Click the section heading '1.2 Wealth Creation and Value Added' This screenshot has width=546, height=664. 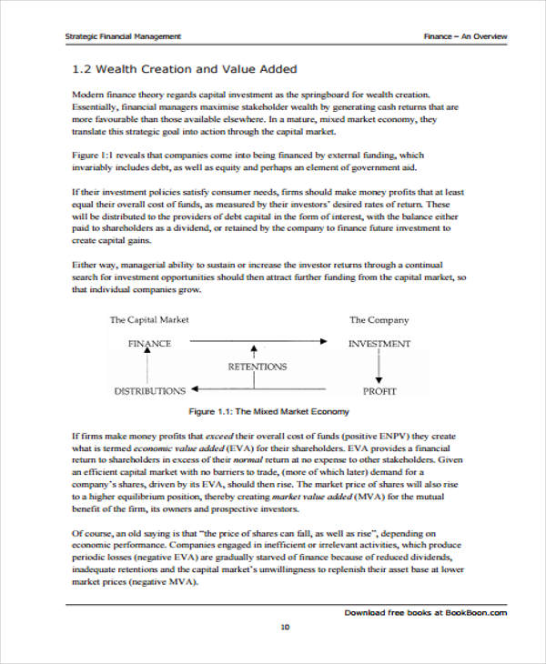tap(184, 69)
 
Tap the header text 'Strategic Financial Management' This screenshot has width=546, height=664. tap(123, 36)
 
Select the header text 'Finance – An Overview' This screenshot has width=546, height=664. tap(465, 36)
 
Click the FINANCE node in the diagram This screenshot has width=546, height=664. tap(149, 344)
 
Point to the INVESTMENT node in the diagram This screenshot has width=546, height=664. tap(379, 344)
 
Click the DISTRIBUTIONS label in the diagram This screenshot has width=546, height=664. tap(149, 391)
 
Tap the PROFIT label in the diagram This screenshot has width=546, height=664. tap(379, 391)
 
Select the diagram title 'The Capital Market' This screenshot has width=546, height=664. tap(149, 320)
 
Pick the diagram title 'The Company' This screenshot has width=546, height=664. tap(379, 320)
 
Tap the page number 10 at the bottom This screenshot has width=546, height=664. tap(284, 627)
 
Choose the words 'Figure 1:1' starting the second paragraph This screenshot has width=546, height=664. tap(93, 156)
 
